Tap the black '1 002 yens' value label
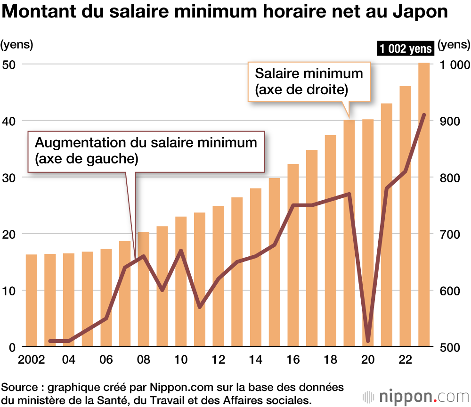pyautogui.click(x=405, y=49)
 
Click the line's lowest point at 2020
pyautogui.click(x=368, y=341)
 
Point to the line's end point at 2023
pyautogui.click(x=424, y=115)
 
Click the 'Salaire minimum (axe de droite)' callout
pyautogui.click(x=309, y=81)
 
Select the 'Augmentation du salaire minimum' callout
pyautogui.click(x=146, y=150)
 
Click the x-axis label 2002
pyautogui.click(x=32, y=360)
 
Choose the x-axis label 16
pyautogui.click(x=293, y=360)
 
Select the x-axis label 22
pyautogui.click(x=405, y=360)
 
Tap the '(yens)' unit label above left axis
pyautogui.click(x=17, y=45)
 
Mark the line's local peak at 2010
pyautogui.click(x=181, y=251)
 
